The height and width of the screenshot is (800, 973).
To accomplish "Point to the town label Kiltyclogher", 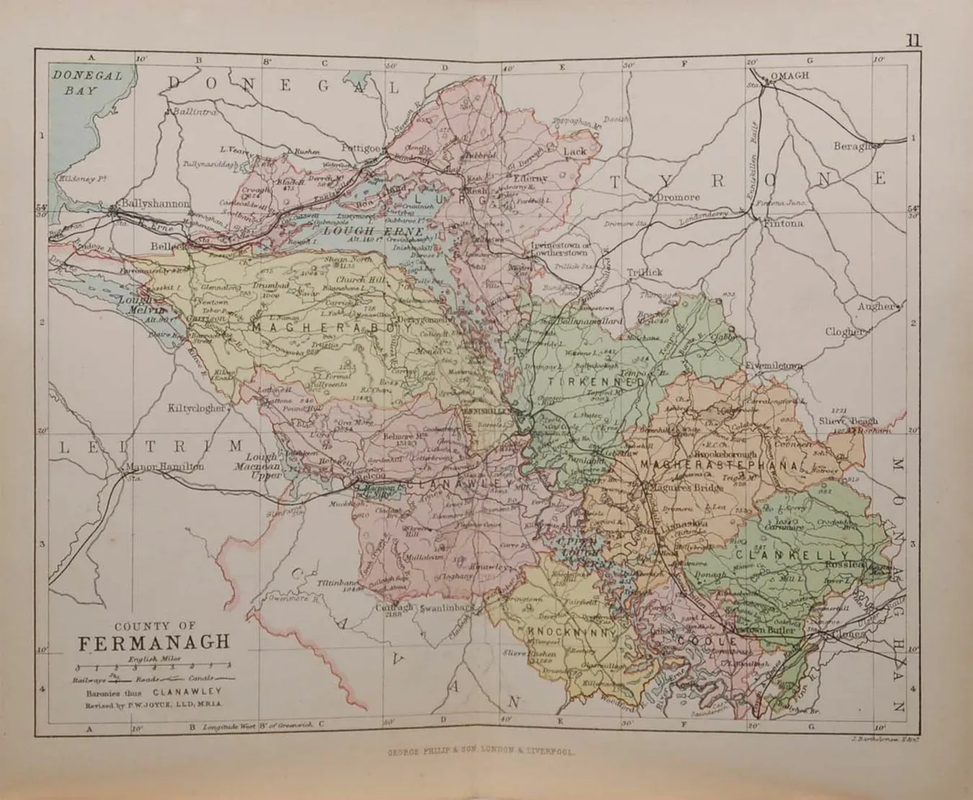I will coord(196,408).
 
